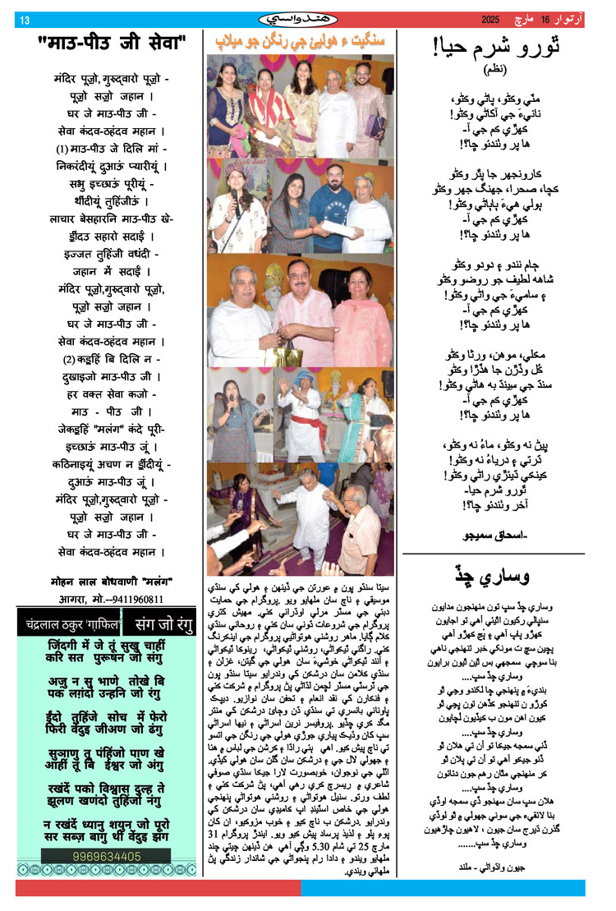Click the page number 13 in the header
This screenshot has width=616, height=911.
[24, 19]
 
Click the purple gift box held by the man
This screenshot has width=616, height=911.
[375, 125]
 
